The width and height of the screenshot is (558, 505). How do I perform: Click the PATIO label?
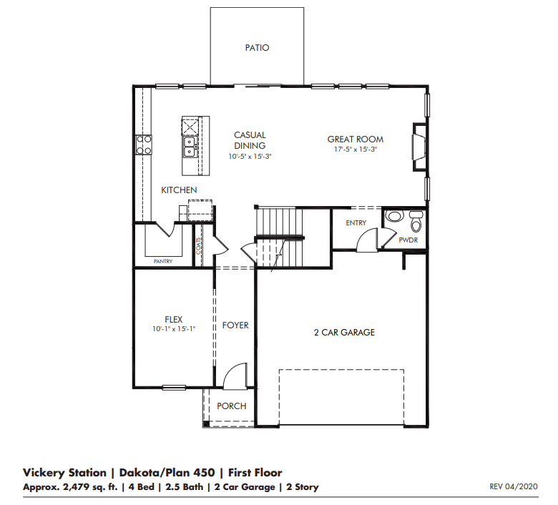pyautogui.click(x=257, y=48)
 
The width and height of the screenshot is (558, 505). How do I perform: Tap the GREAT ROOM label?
pyautogui.click(x=355, y=139)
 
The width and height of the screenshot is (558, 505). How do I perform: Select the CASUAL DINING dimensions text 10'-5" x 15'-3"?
pyautogui.click(x=250, y=156)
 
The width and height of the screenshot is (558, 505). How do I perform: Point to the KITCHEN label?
pyautogui.click(x=178, y=190)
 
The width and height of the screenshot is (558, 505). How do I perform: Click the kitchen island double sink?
pyautogui.click(x=190, y=147)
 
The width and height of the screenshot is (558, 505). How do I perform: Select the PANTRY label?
pyautogui.click(x=163, y=262)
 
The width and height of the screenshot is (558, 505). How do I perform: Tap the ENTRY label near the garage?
pyautogui.click(x=356, y=223)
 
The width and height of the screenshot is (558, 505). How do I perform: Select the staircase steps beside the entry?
pyautogui.click(x=280, y=218)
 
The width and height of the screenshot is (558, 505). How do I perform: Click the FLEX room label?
pyautogui.click(x=174, y=319)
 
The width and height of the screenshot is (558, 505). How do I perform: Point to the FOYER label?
pyautogui.click(x=235, y=325)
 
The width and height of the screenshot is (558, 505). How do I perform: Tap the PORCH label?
pyautogui.click(x=232, y=406)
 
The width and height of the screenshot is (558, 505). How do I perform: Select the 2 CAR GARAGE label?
pyautogui.click(x=344, y=333)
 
